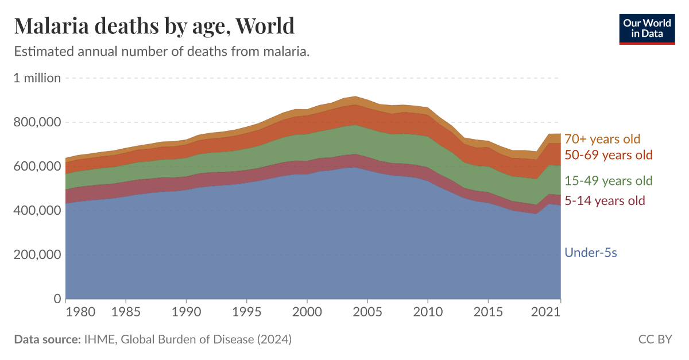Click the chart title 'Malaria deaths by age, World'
pyautogui.click(x=154, y=26)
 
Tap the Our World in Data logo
pyautogui.click(x=647, y=28)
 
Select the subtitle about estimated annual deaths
pyautogui.click(x=161, y=52)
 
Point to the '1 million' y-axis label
pyautogui.click(x=37, y=78)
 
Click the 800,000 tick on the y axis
pyautogui.click(x=37, y=122)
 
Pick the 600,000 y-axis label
pyautogui.click(x=37, y=167)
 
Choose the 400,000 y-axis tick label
pyautogui.click(x=37, y=211)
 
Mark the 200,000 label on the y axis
pyautogui.click(x=37, y=255)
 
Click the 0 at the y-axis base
pyautogui.click(x=57, y=299)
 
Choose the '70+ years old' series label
pyautogui.click(x=602, y=139)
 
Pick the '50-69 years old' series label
pyautogui.click(x=609, y=155)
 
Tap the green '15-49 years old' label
pyautogui.click(x=609, y=181)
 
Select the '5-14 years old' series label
pyautogui.click(x=605, y=200)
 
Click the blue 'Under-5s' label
pyautogui.click(x=591, y=252)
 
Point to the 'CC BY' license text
pyautogui.click(x=655, y=339)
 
